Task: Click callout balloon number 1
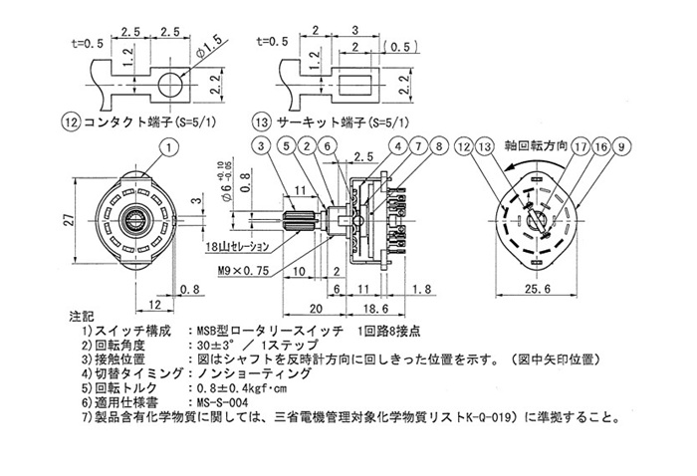(170, 146)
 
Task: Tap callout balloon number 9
(622, 146)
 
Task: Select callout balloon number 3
(262, 146)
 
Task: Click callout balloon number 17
(579, 146)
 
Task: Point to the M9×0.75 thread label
(241, 269)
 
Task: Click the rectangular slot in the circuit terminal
(352, 80)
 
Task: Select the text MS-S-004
(221, 402)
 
